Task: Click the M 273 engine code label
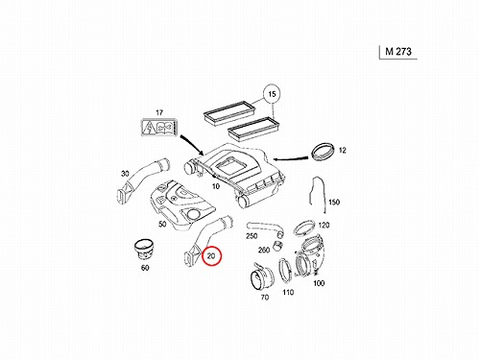(398, 52)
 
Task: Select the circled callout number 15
(272, 94)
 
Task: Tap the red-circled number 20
(211, 256)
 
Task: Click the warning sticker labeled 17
(159, 127)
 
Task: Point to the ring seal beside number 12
(324, 152)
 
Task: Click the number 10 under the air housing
(216, 186)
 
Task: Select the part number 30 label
(125, 174)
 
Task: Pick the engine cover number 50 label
(162, 224)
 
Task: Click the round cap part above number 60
(143, 250)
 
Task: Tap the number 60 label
(145, 268)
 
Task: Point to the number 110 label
(288, 292)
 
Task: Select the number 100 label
(319, 283)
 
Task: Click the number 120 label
(324, 225)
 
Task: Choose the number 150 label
(334, 203)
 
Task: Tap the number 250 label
(252, 236)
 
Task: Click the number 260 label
(264, 250)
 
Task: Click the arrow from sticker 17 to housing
(192, 145)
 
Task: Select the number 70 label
(265, 298)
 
